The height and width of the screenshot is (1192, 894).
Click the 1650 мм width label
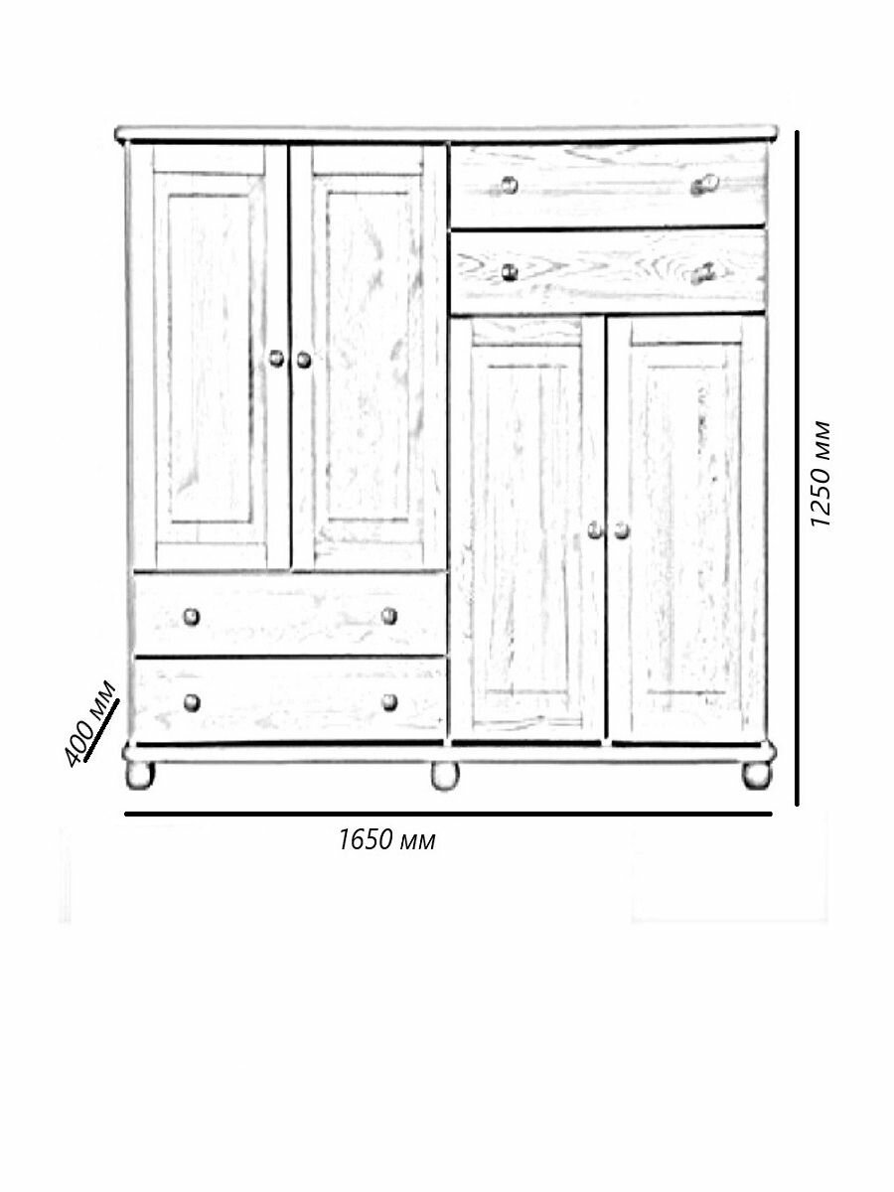386,840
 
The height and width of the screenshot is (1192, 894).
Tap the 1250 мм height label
820,474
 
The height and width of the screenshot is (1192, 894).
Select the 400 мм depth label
90,724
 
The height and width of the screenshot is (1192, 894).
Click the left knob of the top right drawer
509,185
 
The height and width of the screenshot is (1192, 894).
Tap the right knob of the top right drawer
705,184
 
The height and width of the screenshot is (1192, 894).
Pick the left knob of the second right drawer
510,271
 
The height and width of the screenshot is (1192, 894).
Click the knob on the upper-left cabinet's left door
277,359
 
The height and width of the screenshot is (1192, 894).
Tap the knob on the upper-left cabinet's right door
304,360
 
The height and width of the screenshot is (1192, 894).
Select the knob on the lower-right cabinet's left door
595,530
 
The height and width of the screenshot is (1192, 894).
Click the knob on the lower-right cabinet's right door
622,530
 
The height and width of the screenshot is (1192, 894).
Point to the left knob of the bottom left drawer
192,702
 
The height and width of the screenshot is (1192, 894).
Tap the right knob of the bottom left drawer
389,702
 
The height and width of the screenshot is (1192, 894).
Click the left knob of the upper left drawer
191,617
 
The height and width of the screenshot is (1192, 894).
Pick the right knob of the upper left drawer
388,616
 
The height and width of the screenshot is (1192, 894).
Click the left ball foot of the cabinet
140,775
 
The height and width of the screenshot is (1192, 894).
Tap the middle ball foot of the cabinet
445,776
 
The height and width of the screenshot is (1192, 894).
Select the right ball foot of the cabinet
757,775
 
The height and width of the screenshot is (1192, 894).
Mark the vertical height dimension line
797,468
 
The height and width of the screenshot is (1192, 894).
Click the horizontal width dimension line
448,814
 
